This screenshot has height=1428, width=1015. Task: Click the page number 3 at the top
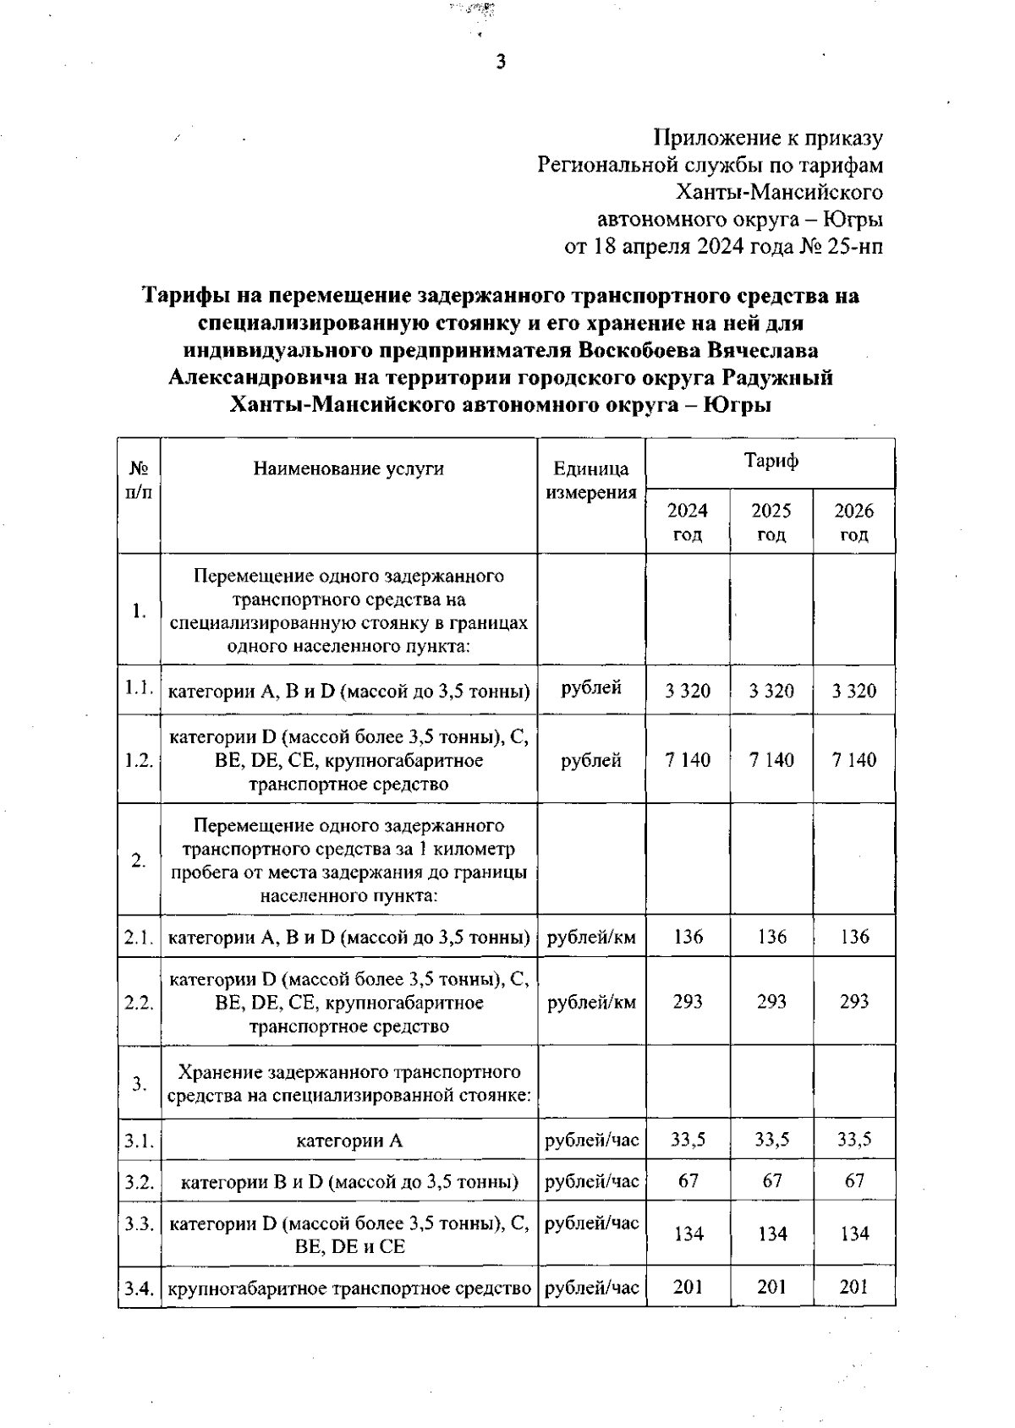click(x=501, y=62)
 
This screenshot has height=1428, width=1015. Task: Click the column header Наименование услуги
click(x=348, y=469)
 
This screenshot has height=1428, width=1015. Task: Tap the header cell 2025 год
click(x=771, y=523)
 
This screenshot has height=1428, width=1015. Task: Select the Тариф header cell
click(x=771, y=462)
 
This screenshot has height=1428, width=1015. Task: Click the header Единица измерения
click(x=591, y=481)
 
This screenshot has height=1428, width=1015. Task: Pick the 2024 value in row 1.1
click(x=688, y=692)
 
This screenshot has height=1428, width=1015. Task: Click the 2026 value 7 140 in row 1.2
click(x=854, y=760)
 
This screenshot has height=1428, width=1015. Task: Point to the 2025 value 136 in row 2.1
click(x=771, y=937)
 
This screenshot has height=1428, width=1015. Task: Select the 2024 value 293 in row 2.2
click(x=688, y=1002)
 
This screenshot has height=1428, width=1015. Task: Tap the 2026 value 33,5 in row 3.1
click(x=854, y=1140)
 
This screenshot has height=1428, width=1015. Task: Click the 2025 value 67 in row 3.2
click(x=771, y=1180)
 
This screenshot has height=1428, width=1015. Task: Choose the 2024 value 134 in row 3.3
click(x=688, y=1234)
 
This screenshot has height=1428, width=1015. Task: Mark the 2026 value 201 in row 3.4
click(x=854, y=1288)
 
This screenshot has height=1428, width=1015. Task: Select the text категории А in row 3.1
click(x=348, y=1141)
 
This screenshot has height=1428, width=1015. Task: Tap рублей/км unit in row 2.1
click(x=591, y=937)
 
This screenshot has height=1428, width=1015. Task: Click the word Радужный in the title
click(x=779, y=377)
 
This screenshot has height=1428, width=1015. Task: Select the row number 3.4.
click(x=139, y=1289)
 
